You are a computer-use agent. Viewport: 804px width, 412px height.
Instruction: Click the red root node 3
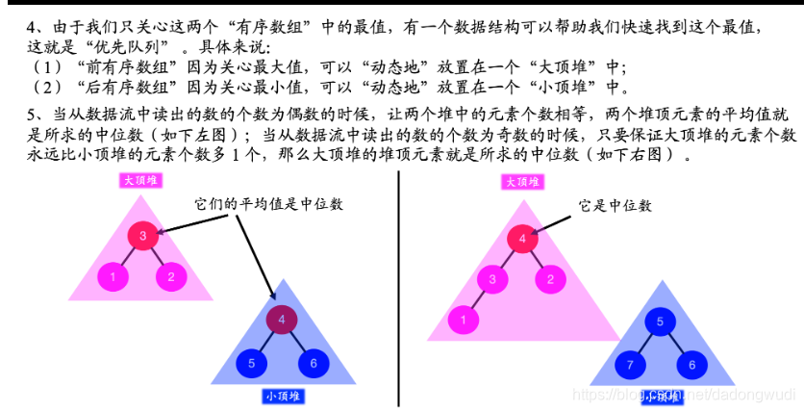coord(141,235)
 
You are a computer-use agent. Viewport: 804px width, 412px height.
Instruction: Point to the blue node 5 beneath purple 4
coord(251,364)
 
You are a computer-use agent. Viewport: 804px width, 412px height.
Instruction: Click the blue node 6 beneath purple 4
coord(313,364)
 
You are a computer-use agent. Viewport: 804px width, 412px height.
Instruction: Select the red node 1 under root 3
coord(113,278)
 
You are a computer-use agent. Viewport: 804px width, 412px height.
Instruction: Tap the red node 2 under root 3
coord(171,278)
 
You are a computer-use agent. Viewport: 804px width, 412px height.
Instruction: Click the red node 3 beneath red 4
coord(491,280)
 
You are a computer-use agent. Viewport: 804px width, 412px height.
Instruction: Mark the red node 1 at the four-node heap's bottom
coord(464,320)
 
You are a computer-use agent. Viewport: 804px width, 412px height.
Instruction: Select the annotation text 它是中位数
coord(615,205)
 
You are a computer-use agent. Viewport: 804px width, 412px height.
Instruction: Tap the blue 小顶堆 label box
coord(283,395)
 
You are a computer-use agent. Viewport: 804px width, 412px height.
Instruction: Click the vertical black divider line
coord(399,289)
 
